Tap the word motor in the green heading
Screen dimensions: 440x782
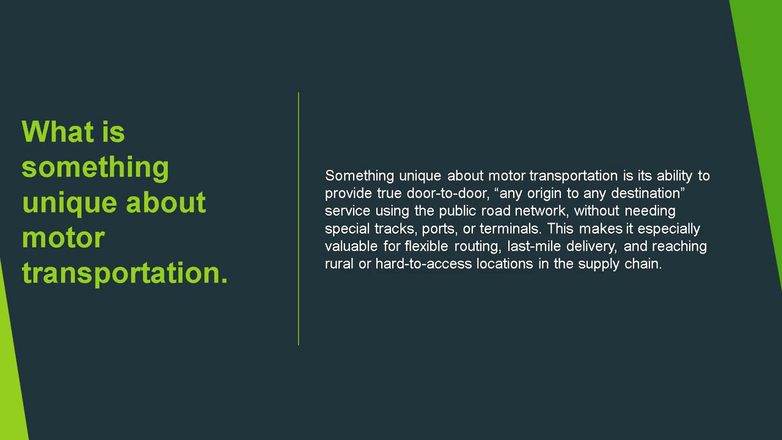pos(63,237)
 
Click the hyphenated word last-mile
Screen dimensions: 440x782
pos(533,246)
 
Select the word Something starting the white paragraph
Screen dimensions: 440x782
pos(359,176)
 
